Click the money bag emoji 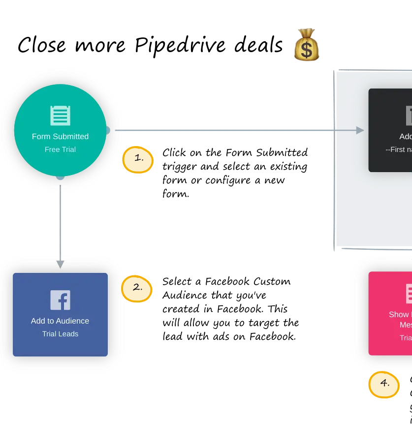[x=306, y=45]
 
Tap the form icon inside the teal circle [x=60, y=116]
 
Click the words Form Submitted [x=60, y=137]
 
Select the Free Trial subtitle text [x=60, y=149]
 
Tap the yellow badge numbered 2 [x=137, y=288]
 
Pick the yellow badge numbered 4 [x=384, y=384]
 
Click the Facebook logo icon [x=60, y=300]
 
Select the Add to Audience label [x=60, y=321]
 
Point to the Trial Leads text [x=60, y=334]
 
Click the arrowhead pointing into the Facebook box [x=60, y=265]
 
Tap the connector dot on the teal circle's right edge [x=107, y=130]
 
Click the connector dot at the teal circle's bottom [x=60, y=177]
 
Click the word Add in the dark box [x=406, y=137]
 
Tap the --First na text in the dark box [x=399, y=149]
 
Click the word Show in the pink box [x=399, y=315]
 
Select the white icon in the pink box [x=409, y=294]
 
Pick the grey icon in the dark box [x=409, y=116]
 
